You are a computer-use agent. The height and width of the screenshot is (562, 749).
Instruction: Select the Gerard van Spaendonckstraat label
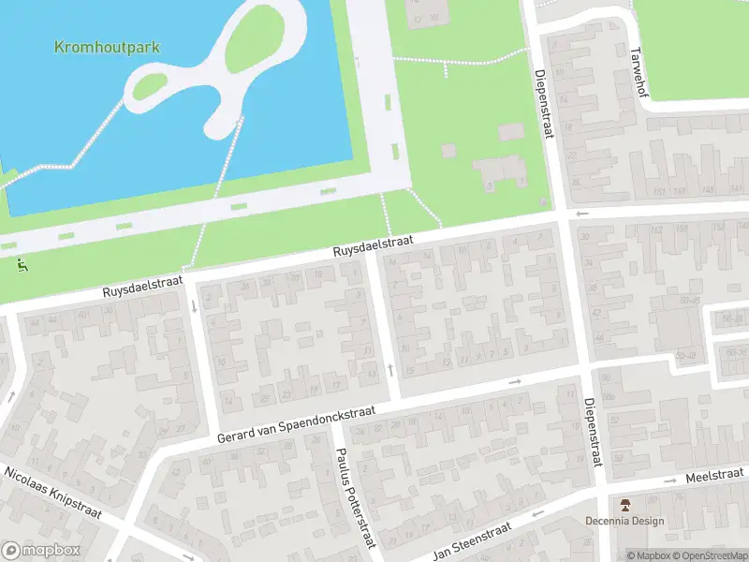[x=297, y=423]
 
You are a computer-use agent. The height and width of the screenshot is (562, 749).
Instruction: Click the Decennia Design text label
[x=624, y=522]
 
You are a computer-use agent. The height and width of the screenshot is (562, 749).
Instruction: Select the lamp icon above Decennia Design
[x=624, y=504]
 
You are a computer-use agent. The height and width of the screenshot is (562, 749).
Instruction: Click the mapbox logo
[x=41, y=551]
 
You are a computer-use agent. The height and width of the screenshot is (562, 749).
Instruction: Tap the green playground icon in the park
[x=22, y=264]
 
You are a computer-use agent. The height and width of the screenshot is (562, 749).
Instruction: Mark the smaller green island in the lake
[x=148, y=87]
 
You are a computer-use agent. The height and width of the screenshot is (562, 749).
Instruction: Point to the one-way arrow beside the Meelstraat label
[x=670, y=481]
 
